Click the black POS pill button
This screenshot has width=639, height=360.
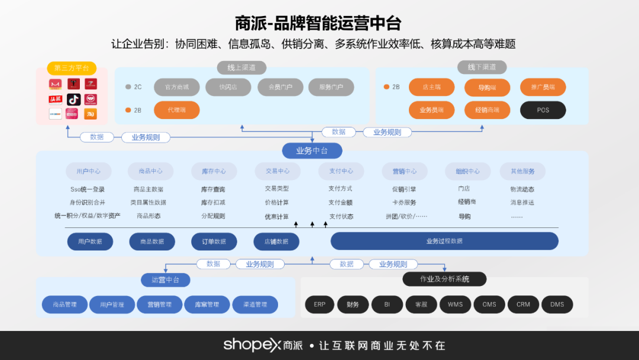tap(543, 110)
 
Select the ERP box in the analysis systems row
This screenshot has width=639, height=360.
tap(319, 304)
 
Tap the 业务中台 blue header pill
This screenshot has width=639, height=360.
tap(312, 151)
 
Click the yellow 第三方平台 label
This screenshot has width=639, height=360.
tap(72, 68)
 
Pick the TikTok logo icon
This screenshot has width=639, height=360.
tap(73, 99)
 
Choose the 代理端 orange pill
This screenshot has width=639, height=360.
tap(176, 110)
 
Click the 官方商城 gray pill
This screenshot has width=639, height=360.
tap(176, 87)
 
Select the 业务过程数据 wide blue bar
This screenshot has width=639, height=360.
tap(444, 241)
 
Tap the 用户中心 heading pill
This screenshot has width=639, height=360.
tap(88, 171)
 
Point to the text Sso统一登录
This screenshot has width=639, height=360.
tap(88, 189)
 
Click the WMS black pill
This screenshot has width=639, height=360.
tap(455, 304)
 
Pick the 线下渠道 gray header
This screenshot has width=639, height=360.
tap(482, 67)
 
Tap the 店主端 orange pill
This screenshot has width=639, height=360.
tap(431, 87)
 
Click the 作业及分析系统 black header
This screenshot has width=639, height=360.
tap(444, 279)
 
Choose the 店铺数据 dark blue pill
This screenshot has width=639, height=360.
tap(276, 241)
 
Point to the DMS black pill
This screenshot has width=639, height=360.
tap(557, 304)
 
